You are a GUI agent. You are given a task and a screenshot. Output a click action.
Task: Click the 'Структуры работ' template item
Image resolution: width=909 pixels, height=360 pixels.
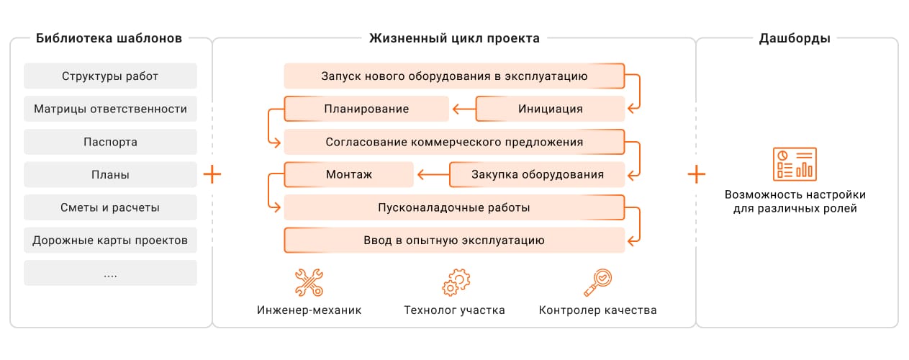pyautogui.click(x=110, y=76)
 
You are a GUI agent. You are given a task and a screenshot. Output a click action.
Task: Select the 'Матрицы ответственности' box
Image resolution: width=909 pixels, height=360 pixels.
pyautogui.click(x=110, y=109)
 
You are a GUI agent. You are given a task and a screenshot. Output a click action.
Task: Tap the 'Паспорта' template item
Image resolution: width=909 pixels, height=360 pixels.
pyautogui.click(x=110, y=142)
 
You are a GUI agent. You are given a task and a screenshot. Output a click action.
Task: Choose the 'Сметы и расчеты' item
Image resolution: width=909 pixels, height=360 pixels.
pyautogui.click(x=110, y=208)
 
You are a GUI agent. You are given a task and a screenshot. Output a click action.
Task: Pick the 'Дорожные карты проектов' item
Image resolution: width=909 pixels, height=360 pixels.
pyautogui.click(x=110, y=240)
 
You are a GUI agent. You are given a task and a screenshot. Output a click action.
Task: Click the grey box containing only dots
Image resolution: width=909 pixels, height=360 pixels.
pyautogui.click(x=110, y=274)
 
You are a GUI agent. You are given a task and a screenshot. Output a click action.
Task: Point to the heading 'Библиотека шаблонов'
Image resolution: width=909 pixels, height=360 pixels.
pyautogui.click(x=109, y=38)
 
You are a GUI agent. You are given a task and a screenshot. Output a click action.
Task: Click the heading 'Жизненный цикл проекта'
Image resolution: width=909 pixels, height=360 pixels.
pyautogui.click(x=454, y=38)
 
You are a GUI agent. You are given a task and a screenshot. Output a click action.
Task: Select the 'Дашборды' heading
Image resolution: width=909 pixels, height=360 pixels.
pyautogui.click(x=795, y=38)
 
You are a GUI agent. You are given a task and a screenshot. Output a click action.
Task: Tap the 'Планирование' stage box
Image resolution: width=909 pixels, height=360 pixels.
pyautogui.click(x=367, y=109)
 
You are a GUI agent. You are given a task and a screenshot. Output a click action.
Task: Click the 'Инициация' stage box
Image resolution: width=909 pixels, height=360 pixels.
pyautogui.click(x=551, y=109)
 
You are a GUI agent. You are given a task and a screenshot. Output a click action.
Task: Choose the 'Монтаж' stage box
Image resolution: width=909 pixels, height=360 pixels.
pyautogui.click(x=349, y=174)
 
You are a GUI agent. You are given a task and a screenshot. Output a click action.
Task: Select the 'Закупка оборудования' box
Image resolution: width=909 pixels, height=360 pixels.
pyautogui.click(x=537, y=174)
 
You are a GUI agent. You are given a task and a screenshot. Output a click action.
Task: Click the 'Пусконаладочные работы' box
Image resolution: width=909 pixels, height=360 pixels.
pyautogui.click(x=454, y=208)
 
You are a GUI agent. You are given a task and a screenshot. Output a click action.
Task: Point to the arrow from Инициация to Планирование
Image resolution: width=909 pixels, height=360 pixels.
pyautogui.click(x=463, y=109)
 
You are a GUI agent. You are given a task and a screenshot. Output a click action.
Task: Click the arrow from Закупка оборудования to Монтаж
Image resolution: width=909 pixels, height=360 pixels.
pyautogui.click(x=432, y=174)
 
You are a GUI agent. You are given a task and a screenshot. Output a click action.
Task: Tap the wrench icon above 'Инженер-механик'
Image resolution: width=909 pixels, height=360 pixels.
pyautogui.click(x=309, y=282)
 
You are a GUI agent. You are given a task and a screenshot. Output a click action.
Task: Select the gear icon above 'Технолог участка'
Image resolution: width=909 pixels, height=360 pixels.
pyautogui.click(x=456, y=282)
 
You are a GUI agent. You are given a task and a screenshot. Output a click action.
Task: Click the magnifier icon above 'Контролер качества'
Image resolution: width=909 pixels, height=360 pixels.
pyautogui.click(x=597, y=282)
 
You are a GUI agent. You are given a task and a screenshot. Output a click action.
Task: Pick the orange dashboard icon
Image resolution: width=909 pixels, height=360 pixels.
pyautogui.click(x=795, y=164)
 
